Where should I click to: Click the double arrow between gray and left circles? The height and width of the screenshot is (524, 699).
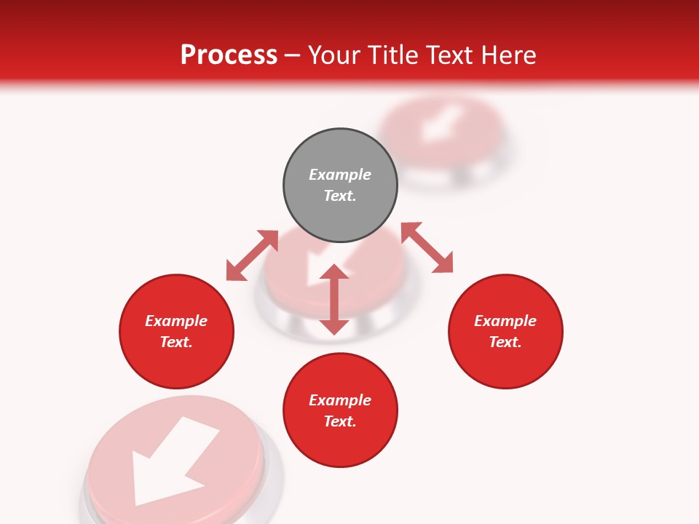tap(252, 255)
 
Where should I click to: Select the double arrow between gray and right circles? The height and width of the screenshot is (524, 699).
tap(427, 248)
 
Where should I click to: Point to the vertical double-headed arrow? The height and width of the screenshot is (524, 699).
tap(334, 299)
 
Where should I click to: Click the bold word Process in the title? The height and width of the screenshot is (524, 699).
tap(229, 55)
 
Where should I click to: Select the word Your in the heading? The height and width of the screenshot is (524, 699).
tap(333, 55)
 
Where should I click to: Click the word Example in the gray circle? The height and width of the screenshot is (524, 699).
tap(340, 175)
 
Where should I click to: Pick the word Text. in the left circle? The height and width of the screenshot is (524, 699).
tap(176, 342)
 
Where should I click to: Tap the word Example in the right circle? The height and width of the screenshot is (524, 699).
tap(505, 321)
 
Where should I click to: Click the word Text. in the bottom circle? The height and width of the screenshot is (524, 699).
tap(340, 421)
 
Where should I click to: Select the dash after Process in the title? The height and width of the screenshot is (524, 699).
tap(293, 55)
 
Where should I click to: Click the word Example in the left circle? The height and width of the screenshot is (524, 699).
tap(176, 321)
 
